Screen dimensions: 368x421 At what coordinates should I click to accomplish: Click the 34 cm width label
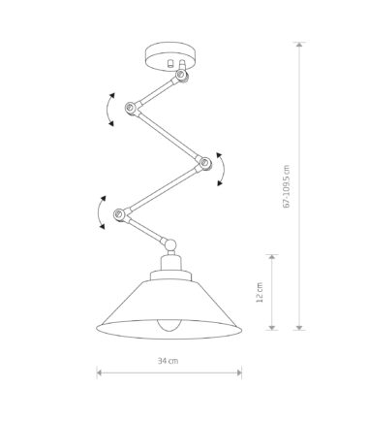(168, 361)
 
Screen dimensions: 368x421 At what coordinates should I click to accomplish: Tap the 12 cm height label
(260, 293)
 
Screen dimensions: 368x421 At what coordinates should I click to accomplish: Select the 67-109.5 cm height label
(287, 186)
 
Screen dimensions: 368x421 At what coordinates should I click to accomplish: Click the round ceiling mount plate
(169, 56)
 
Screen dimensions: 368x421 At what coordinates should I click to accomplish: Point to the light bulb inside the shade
(169, 325)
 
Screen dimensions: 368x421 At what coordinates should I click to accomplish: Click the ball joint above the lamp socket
(170, 244)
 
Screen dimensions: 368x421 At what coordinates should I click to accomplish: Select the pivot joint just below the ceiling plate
(181, 75)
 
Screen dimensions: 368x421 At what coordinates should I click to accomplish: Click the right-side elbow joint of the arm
(204, 162)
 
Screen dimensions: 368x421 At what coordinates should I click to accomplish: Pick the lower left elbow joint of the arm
(119, 214)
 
